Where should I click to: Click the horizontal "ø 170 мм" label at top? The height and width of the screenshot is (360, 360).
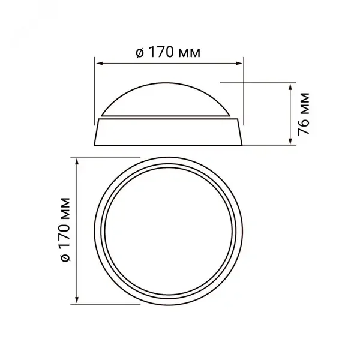(168, 53)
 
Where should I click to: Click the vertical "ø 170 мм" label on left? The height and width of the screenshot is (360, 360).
(65, 229)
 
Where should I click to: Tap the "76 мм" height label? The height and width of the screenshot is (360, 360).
(304, 114)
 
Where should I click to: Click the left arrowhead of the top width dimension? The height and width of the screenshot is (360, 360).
(99, 63)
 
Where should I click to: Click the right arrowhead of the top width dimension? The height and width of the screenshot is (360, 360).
(239, 63)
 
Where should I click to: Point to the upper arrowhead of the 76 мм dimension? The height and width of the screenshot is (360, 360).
(290, 87)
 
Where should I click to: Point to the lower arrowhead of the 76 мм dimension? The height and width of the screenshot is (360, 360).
(290, 141)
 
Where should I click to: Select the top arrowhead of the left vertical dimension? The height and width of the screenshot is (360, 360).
(77, 162)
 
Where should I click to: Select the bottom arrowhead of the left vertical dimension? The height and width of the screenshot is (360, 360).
(77, 299)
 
